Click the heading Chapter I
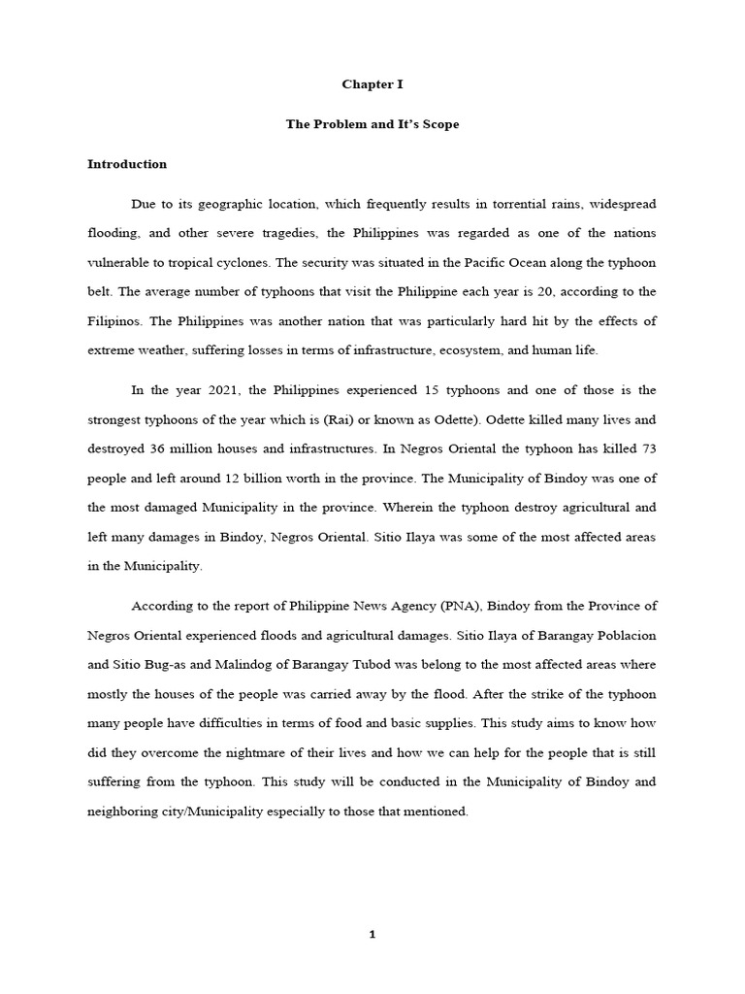click(x=372, y=84)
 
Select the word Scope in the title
click(x=438, y=125)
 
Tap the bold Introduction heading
click(x=127, y=164)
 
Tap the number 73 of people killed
click(x=644, y=450)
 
